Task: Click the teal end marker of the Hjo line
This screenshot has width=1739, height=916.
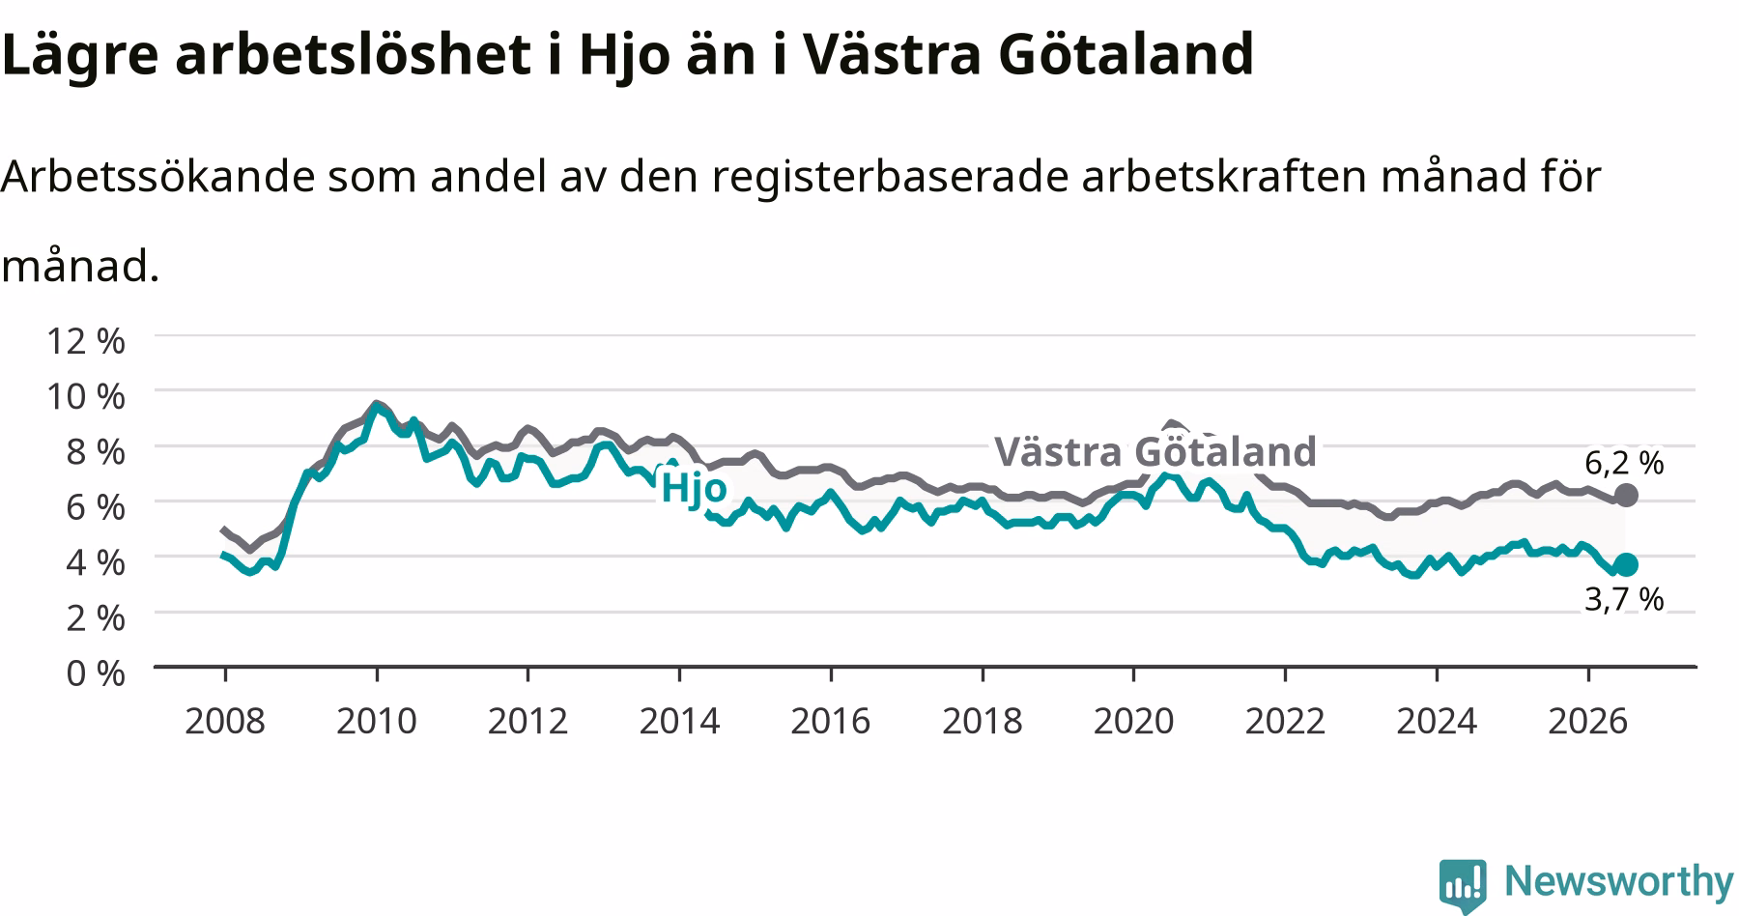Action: pyautogui.click(x=1626, y=564)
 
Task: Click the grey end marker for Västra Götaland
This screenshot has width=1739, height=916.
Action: pyautogui.click(x=1626, y=495)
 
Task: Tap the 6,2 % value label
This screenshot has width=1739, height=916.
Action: pyautogui.click(x=1624, y=464)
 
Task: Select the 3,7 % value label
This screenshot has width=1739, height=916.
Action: pyautogui.click(x=1624, y=600)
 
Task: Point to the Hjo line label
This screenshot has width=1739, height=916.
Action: pyautogui.click(x=693, y=489)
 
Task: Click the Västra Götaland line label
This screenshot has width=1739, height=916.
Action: pyautogui.click(x=1155, y=451)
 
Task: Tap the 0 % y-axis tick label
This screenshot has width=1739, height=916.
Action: pyautogui.click(x=95, y=673)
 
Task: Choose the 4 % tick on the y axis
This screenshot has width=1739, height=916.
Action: pyautogui.click(x=95, y=562)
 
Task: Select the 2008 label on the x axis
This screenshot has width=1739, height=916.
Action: pyautogui.click(x=225, y=721)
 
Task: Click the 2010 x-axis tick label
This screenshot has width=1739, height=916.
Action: pyautogui.click(x=377, y=721)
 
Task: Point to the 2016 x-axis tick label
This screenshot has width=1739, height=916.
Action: pyautogui.click(x=831, y=721)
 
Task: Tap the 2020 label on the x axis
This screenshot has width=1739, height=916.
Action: pyautogui.click(x=1133, y=721)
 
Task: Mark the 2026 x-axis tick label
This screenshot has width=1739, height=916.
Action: pyautogui.click(x=1587, y=721)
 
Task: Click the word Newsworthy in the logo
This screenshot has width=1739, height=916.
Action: pyautogui.click(x=1619, y=882)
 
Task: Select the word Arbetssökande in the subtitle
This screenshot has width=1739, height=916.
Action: pyautogui.click(x=157, y=177)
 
